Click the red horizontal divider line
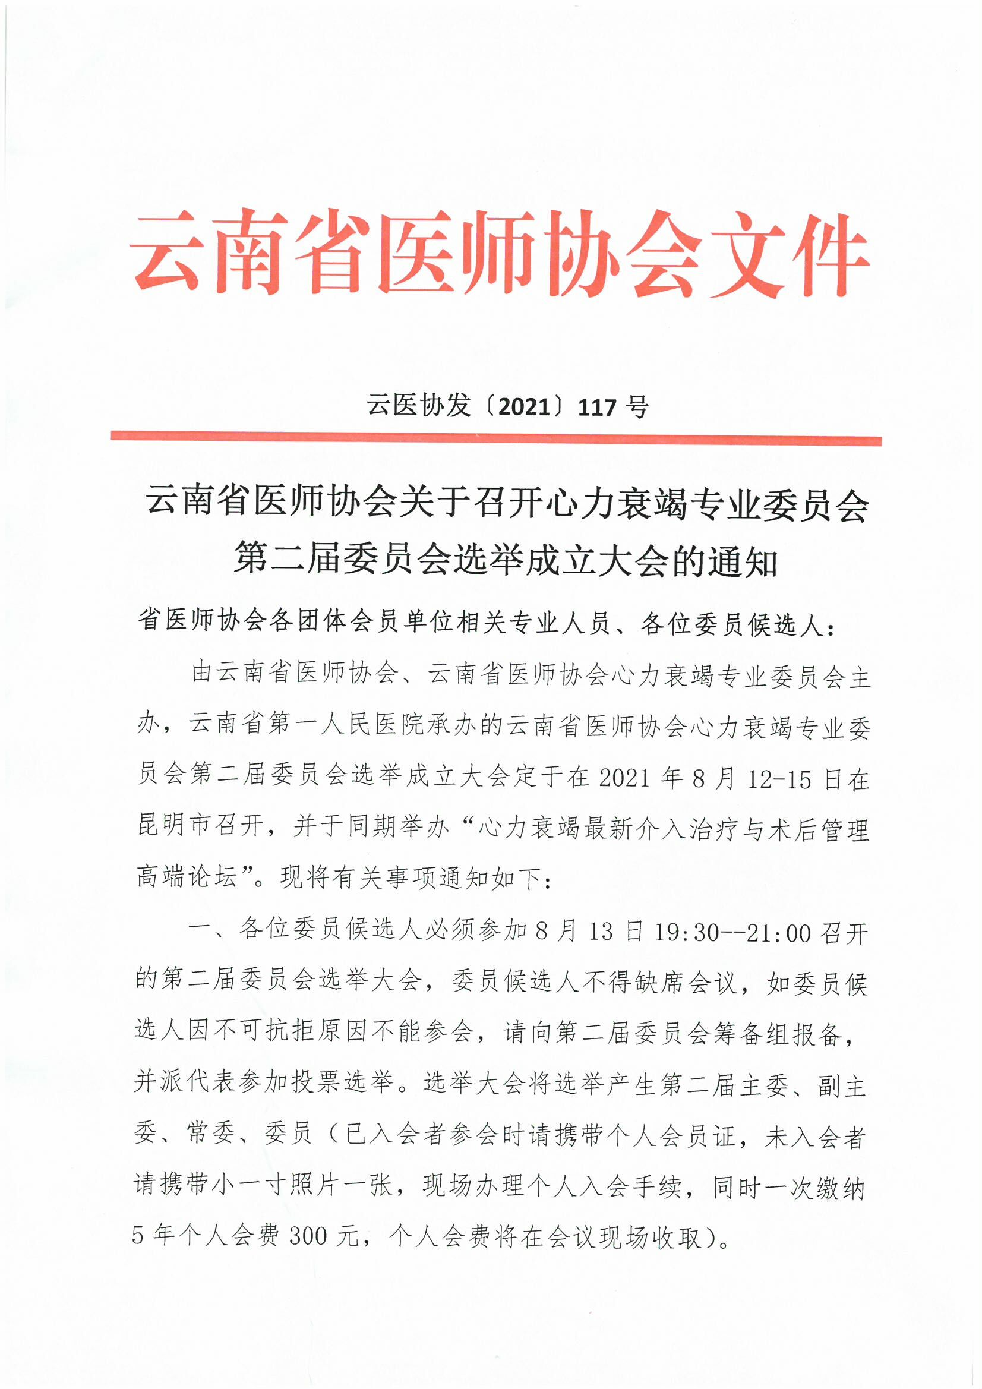click(x=495, y=439)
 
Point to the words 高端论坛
click(x=187, y=876)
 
